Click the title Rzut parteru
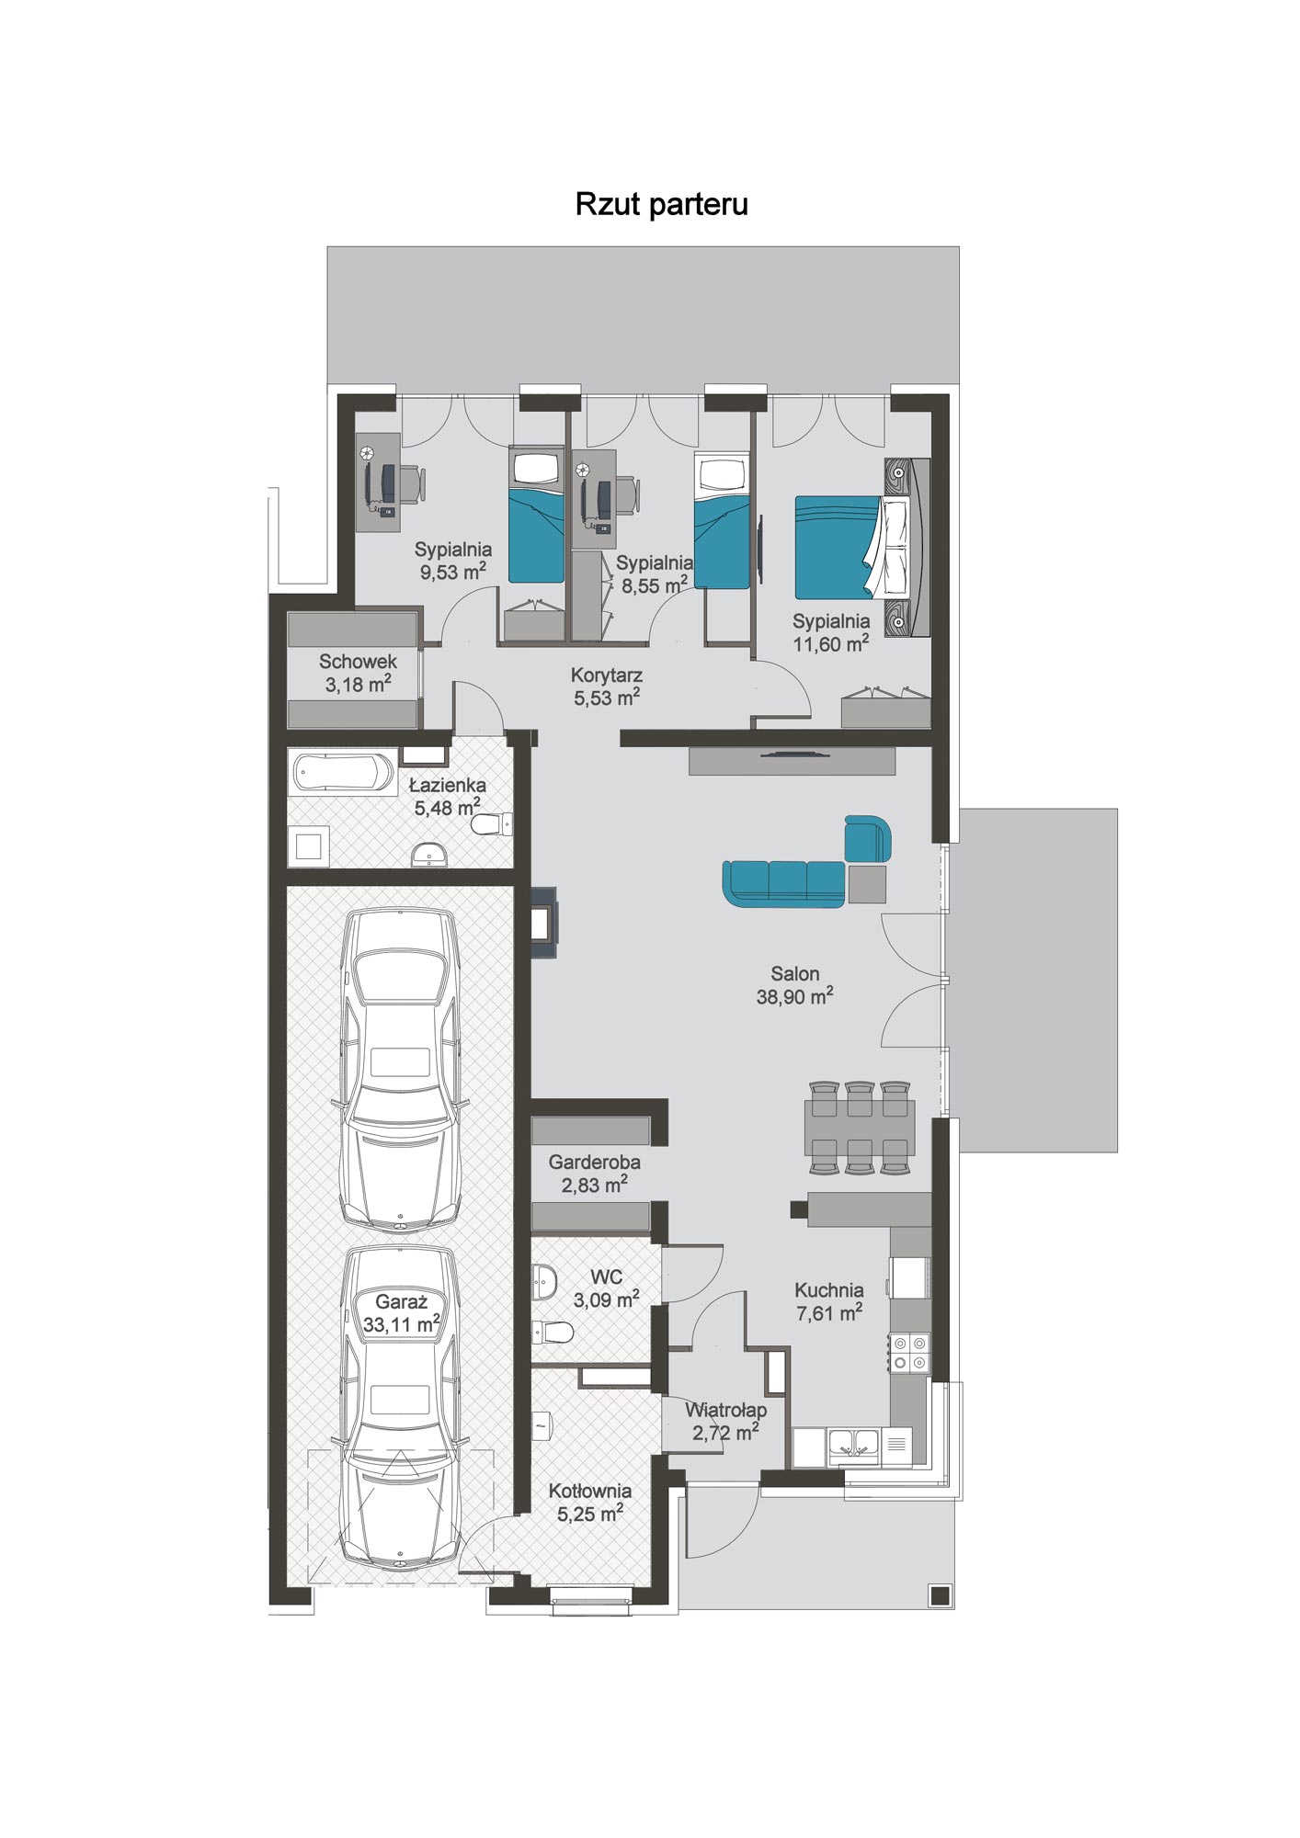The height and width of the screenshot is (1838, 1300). [661, 204]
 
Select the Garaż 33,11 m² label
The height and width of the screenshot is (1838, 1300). [402, 1313]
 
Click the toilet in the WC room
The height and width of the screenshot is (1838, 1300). [553, 1332]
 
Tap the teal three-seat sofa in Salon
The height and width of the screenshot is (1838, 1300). [783, 883]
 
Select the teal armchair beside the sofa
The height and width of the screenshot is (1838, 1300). [868, 838]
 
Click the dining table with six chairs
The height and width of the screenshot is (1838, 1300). [860, 1128]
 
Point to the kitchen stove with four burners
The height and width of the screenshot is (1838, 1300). [909, 1353]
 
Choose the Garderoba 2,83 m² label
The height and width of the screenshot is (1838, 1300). [594, 1174]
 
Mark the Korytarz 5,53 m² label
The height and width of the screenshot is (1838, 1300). [607, 686]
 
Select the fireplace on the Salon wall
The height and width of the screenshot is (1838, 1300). [543, 923]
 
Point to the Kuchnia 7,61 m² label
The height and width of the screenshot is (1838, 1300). [829, 1301]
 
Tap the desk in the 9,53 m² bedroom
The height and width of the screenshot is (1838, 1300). [379, 482]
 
